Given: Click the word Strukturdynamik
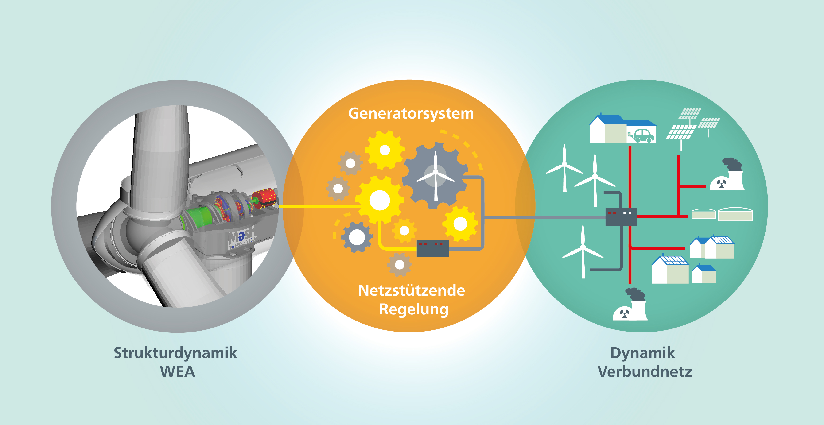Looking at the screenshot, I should (x=175, y=353).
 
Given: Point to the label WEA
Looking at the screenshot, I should (x=177, y=372).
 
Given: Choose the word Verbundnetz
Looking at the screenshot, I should (x=644, y=372).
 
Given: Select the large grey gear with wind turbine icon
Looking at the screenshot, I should (x=435, y=175).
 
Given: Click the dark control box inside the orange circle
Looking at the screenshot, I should (x=432, y=248).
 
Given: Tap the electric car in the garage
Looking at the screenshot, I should (x=644, y=135).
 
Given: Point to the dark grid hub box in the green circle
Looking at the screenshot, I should (x=621, y=216).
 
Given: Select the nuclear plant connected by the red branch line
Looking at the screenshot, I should (x=727, y=177).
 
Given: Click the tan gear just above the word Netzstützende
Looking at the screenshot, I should (x=399, y=264).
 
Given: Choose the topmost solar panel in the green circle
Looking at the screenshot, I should (x=690, y=113).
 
